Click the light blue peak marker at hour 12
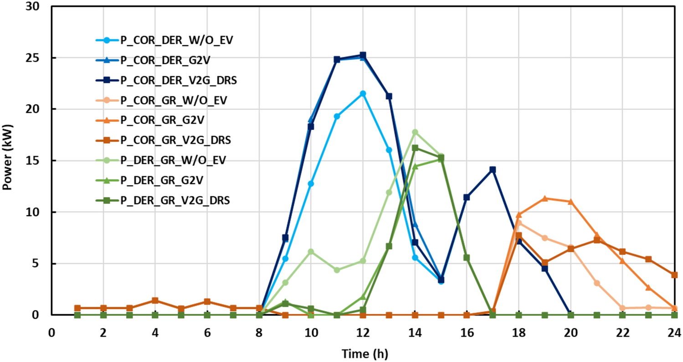coord(363,93)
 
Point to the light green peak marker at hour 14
coord(415,132)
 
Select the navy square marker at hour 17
coord(493,170)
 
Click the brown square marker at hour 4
coord(155,300)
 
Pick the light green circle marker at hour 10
coord(311,252)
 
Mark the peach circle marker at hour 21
coord(596,283)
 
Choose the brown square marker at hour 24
coord(674,275)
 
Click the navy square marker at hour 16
coord(467,197)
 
